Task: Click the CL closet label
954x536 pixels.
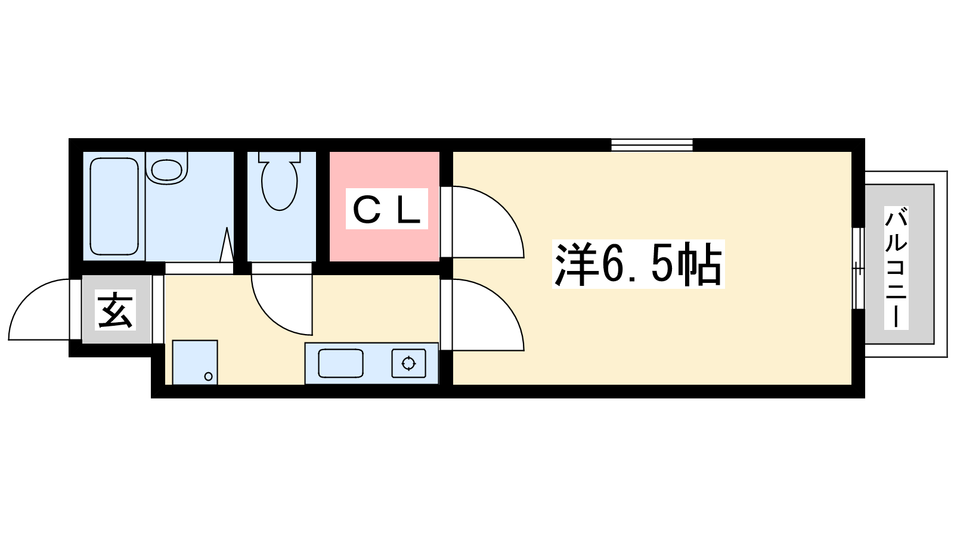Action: pyautogui.click(x=387, y=208)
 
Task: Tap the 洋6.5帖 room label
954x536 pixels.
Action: pyautogui.click(x=638, y=264)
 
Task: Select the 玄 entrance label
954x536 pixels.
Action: pyautogui.click(x=116, y=310)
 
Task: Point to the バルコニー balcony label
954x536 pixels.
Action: pyautogui.click(x=896, y=267)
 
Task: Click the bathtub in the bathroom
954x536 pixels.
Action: pyautogui.click(x=114, y=206)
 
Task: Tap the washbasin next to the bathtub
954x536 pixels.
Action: pyautogui.click(x=166, y=169)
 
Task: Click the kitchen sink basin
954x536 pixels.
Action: pyautogui.click(x=340, y=363)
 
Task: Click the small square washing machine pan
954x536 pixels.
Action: pyautogui.click(x=195, y=363)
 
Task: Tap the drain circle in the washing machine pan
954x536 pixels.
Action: pyautogui.click(x=208, y=376)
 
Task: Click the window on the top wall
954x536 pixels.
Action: pyautogui.click(x=652, y=145)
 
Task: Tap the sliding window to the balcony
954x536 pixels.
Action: pyautogui.click(x=858, y=269)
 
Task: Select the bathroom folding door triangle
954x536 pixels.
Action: pyautogui.click(x=227, y=245)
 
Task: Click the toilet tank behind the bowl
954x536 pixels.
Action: pyautogui.click(x=280, y=157)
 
